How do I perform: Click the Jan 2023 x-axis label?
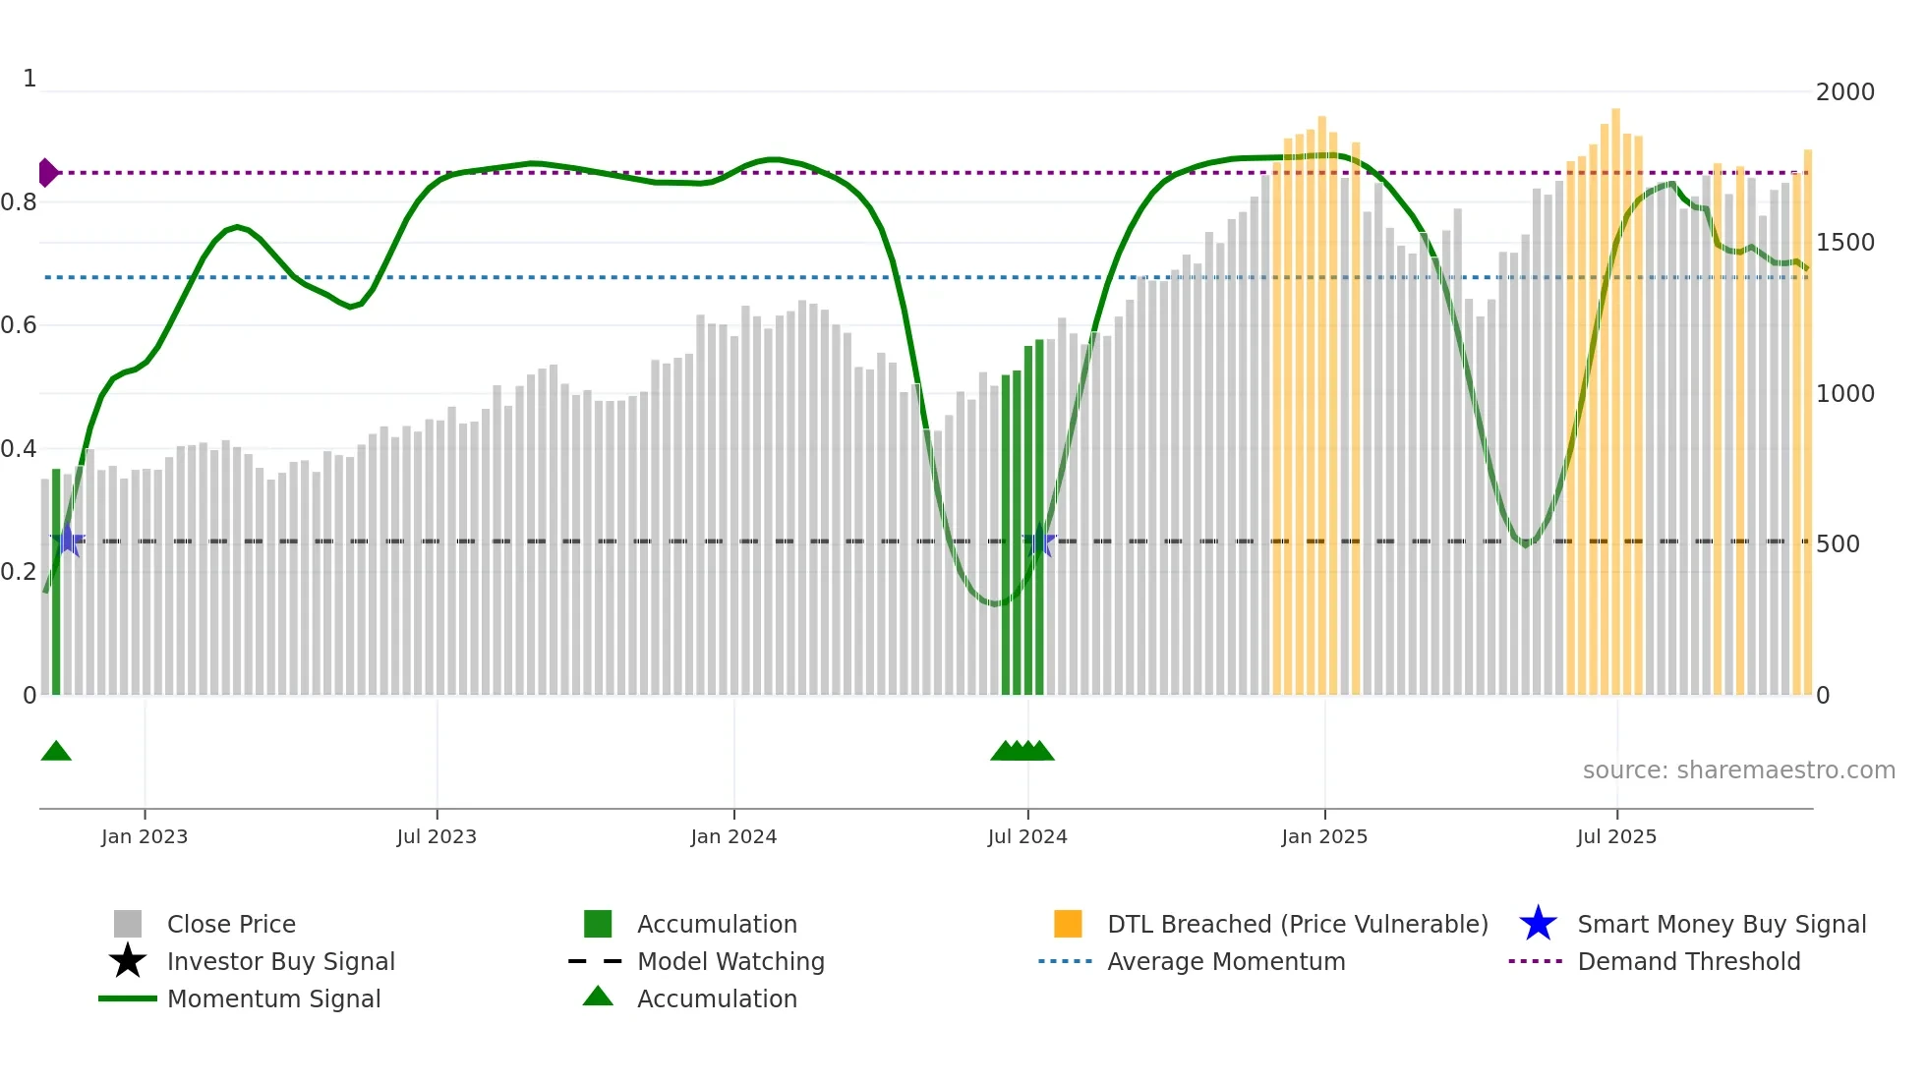click(x=145, y=836)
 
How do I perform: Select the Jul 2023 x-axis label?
click(x=437, y=836)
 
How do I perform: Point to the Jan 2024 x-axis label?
click(x=733, y=836)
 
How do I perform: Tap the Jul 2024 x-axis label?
click(x=1027, y=836)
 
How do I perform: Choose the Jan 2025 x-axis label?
click(x=1324, y=836)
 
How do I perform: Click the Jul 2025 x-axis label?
click(x=1616, y=836)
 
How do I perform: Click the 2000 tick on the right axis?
click(x=1845, y=92)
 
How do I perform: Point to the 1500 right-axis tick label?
click(x=1845, y=243)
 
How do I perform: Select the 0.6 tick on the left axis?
click(x=19, y=325)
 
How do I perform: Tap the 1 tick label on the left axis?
click(x=29, y=79)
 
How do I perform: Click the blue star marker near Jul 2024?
click(x=1040, y=541)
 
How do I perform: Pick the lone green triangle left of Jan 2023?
click(x=56, y=751)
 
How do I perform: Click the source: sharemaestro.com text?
click(x=1738, y=770)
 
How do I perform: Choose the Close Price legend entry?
click(x=231, y=925)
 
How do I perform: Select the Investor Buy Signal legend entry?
click(x=280, y=962)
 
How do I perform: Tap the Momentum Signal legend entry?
click(x=273, y=999)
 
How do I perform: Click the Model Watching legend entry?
click(x=730, y=962)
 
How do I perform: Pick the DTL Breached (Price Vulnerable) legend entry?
click(x=1297, y=925)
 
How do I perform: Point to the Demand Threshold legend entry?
click(x=1688, y=962)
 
